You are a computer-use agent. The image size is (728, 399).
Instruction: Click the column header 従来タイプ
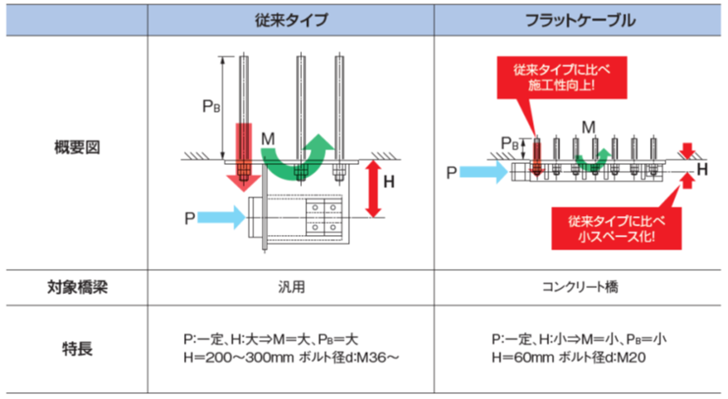(291, 20)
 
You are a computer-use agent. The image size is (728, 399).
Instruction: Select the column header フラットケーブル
(580, 20)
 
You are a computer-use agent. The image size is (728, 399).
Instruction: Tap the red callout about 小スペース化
(613, 227)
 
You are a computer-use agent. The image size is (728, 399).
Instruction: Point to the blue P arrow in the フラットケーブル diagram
(486, 173)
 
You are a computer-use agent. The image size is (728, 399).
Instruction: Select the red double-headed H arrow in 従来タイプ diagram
(374, 187)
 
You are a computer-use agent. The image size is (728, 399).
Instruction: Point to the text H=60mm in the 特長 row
(519, 356)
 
